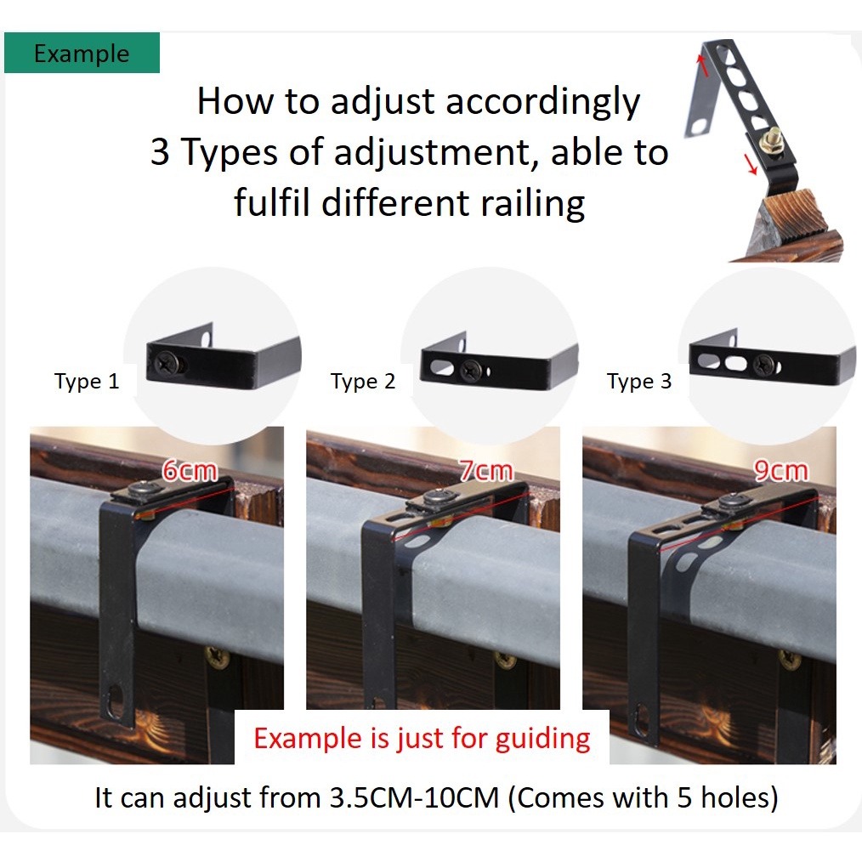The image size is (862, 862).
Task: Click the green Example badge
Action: (x=82, y=53)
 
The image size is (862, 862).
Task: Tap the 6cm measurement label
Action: (x=190, y=471)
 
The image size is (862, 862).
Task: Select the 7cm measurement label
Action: (x=486, y=471)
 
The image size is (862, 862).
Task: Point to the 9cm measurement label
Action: (x=780, y=471)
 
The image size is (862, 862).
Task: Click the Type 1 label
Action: (x=87, y=381)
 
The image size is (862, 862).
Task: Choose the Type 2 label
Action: (x=363, y=381)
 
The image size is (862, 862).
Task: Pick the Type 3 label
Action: (x=639, y=381)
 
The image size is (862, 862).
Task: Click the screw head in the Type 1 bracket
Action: (x=166, y=363)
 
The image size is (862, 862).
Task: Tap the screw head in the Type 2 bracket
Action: (x=471, y=370)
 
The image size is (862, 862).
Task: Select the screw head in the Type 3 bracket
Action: (x=763, y=363)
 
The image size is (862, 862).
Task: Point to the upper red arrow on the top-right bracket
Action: (x=702, y=65)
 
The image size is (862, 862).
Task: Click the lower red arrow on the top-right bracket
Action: (x=751, y=164)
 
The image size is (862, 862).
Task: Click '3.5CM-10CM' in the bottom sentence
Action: (x=414, y=797)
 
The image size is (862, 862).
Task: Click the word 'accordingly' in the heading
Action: (x=543, y=103)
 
